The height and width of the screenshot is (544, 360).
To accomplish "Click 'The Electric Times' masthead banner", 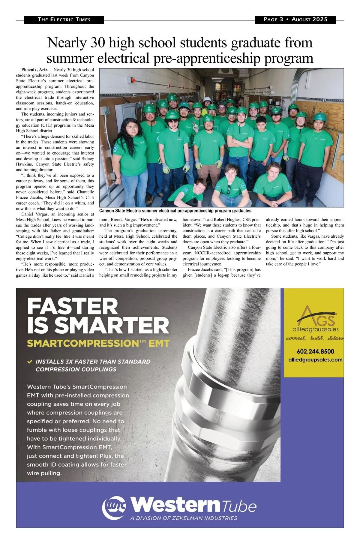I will [64, 20].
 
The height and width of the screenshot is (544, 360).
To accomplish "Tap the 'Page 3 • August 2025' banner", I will [295, 20].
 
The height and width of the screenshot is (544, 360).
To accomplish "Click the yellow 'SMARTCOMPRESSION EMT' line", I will [98, 343].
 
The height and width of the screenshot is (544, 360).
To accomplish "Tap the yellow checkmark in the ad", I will [30, 362].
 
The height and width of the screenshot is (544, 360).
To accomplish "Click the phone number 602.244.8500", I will [315, 352].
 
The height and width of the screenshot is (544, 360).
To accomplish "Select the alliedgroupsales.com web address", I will [315, 360].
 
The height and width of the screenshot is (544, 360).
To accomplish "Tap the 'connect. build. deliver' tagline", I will [315, 338].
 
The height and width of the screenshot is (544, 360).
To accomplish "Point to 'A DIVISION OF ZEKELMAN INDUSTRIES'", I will [184, 518].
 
